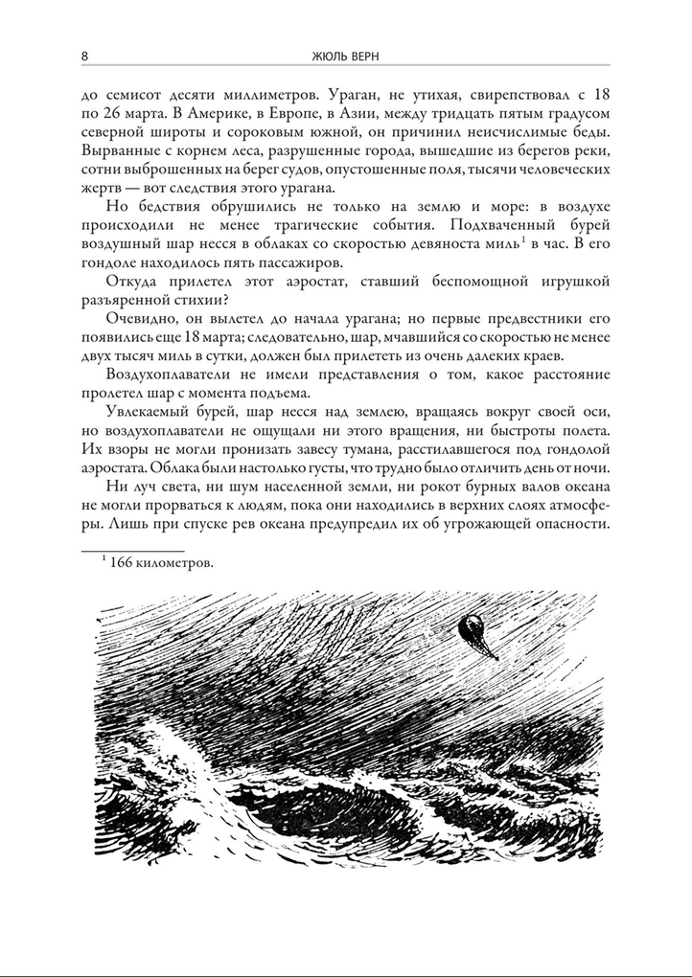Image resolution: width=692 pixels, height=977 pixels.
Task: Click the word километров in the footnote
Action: (176, 564)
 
